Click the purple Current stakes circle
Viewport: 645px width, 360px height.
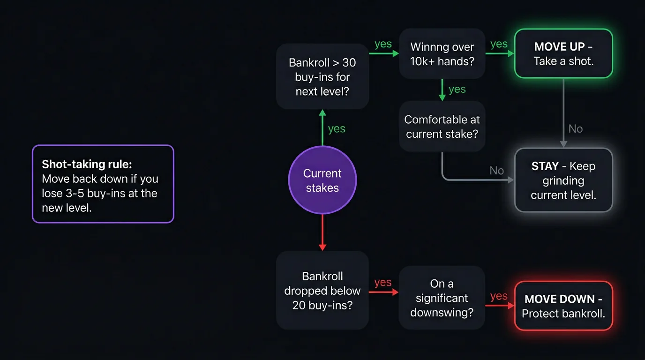[322, 180]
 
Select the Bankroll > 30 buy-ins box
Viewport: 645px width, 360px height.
[322, 76]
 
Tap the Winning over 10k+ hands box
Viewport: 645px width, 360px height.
[442, 53]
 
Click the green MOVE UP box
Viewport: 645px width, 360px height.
[563, 53]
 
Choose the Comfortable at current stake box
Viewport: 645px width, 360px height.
[442, 126]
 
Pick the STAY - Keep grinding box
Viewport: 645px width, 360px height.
[563, 180]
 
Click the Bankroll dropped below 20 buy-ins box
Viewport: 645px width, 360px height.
[322, 291]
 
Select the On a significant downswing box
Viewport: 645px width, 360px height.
[442, 298]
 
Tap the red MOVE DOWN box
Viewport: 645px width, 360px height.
[563, 306]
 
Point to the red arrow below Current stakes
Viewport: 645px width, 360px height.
[322, 232]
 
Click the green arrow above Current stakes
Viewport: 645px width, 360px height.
[322, 127]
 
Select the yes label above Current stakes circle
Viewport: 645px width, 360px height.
[337, 129]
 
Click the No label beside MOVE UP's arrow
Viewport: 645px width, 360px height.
[576, 129]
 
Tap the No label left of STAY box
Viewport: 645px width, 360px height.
[496, 171]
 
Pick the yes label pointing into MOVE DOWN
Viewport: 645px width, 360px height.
[499, 296]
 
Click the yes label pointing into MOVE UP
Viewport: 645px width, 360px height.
[499, 44]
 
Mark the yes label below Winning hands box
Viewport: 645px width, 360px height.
[457, 90]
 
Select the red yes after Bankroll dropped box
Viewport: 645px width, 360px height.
[383, 283]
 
